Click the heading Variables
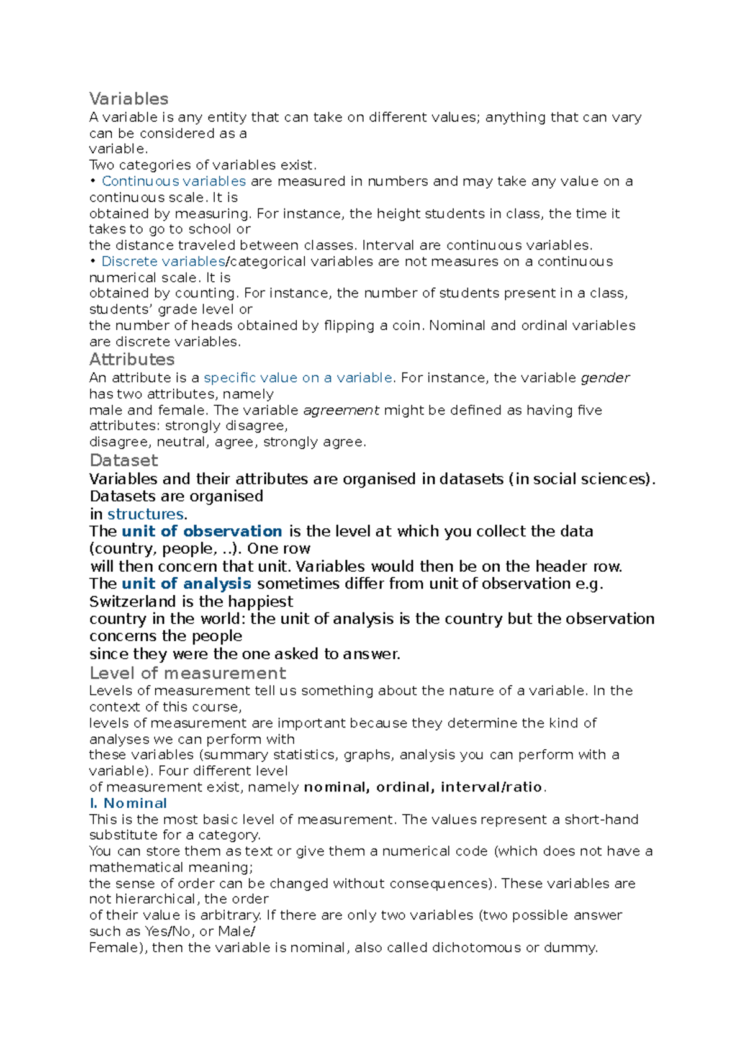click(x=129, y=99)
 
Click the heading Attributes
click(x=132, y=359)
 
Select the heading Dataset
click(x=124, y=460)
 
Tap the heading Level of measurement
click(x=187, y=673)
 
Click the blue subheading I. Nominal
click(x=128, y=803)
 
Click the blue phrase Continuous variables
click(x=174, y=181)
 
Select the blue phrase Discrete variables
click(x=163, y=261)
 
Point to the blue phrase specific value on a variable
click(x=298, y=377)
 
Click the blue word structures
click(x=145, y=514)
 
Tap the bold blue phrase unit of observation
click(x=202, y=531)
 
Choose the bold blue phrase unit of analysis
click(x=186, y=583)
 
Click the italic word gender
click(x=605, y=377)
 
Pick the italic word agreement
click(x=341, y=410)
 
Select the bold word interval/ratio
click(x=492, y=787)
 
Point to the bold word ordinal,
click(x=405, y=787)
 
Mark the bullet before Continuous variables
click(x=93, y=181)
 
